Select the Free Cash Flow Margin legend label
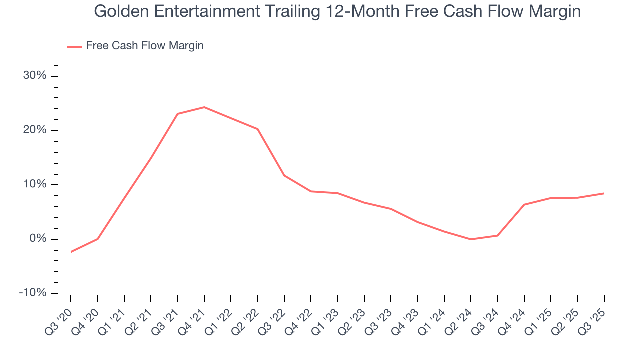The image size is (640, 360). (145, 46)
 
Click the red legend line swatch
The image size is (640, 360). (75, 46)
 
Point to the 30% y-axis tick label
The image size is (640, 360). (35, 76)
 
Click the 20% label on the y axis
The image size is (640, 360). (35, 130)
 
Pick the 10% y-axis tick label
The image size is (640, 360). (35, 185)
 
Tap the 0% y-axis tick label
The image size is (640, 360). (38, 239)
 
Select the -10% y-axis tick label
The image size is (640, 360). (33, 293)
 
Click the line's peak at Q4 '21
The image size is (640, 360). (204, 107)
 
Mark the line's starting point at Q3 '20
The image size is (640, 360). (71, 252)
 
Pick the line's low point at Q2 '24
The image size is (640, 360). (471, 239)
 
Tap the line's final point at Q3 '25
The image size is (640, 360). (604, 193)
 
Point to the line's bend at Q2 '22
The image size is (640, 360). (258, 129)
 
